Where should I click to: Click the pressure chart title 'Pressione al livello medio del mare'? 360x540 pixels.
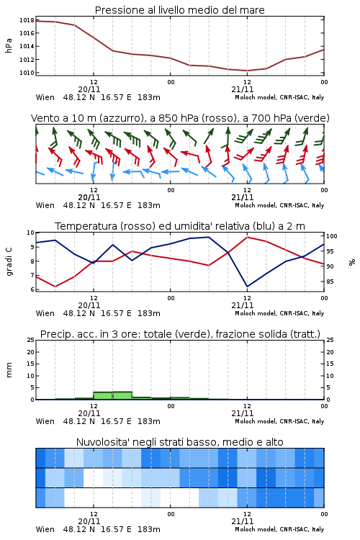tap(179, 10)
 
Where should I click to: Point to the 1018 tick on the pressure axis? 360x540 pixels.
tap(27, 20)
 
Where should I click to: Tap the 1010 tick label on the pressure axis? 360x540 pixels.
tap(27, 73)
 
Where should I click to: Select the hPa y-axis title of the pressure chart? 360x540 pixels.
tap(9, 46)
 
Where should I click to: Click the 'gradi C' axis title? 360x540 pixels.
tap(9, 261)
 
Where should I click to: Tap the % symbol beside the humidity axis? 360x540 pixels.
tap(352, 262)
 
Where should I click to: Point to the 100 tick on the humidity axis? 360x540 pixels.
tap(331, 236)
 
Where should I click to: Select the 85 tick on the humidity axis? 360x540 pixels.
tap(330, 282)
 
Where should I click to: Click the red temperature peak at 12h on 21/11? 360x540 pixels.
tap(247, 237)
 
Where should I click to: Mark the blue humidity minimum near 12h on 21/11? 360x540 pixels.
tap(247, 287)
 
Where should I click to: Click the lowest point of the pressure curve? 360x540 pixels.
tap(247, 71)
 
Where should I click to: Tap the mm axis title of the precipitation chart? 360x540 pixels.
tap(9, 369)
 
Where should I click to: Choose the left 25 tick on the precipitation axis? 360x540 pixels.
tap(31, 340)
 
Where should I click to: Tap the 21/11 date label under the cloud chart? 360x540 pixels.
tap(242, 521)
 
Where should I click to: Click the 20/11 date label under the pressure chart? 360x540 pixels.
tap(89, 89)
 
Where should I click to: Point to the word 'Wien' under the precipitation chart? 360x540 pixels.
tap(45, 421)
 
